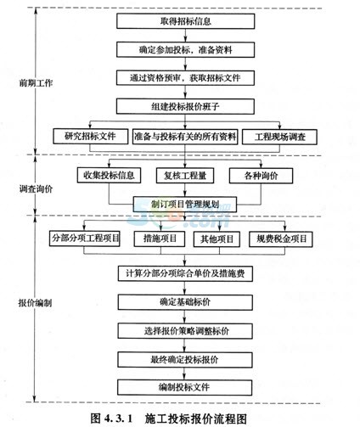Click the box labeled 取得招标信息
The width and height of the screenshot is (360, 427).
[x=185, y=21]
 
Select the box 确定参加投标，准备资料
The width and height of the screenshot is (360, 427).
[x=185, y=50]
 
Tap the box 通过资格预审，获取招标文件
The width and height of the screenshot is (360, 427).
[x=185, y=78]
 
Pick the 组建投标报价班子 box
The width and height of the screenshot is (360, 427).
[x=185, y=106]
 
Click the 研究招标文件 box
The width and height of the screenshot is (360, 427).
[x=90, y=137]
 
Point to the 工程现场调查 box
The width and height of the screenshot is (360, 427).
[x=279, y=137]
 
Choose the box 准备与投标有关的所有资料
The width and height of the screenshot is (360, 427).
[x=185, y=137]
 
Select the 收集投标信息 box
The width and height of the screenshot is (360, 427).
[x=109, y=175]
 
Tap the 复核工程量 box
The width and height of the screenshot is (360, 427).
[x=185, y=176]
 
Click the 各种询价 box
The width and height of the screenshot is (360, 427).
[x=261, y=176]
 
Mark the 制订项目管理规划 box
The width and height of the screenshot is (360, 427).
[x=185, y=205]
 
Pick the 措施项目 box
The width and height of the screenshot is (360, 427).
[x=160, y=239]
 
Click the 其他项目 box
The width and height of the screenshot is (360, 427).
[x=217, y=239]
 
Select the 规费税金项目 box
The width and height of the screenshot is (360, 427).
[x=281, y=239]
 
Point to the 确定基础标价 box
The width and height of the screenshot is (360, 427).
[x=185, y=302]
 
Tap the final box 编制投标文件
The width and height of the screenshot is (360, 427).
[x=185, y=387]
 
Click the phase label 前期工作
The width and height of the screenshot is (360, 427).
[x=36, y=83]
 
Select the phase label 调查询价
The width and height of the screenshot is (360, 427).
[x=36, y=188]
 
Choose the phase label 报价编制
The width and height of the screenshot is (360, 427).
[x=35, y=303]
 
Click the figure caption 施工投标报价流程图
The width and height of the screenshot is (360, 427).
[x=196, y=419]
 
